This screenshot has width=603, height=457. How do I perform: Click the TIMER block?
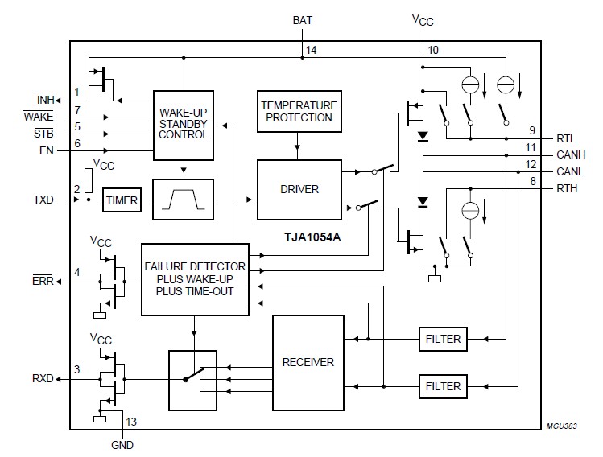[122, 200]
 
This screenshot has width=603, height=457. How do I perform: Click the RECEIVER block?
[308, 362]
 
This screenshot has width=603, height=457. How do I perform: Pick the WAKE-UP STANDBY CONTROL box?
[184, 124]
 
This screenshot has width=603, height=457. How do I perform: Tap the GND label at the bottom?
[122, 444]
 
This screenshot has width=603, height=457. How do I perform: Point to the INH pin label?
[46, 100]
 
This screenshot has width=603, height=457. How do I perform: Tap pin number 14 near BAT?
[311, 50]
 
